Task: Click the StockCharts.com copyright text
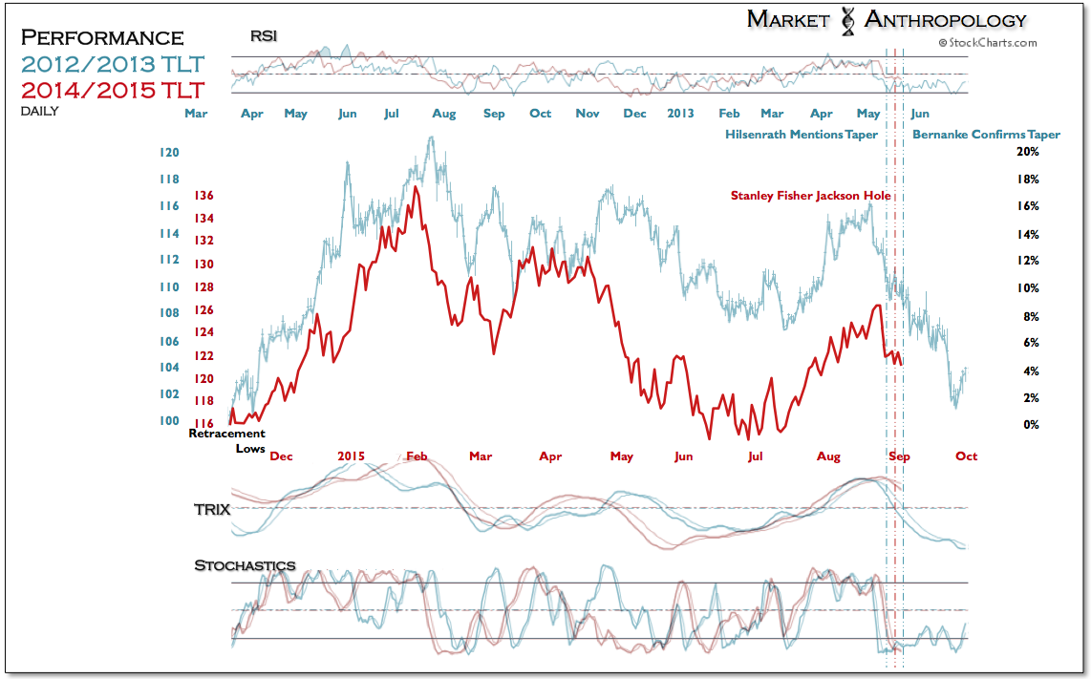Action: [988, 42]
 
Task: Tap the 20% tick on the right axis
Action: [1028, 152]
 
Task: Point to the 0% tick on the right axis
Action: [1032, 425]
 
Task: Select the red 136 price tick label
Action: [204, 196]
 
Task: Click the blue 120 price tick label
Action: [169, 153]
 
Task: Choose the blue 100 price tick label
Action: [169, 421]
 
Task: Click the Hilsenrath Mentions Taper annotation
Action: [802, 135]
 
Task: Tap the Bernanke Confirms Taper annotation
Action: [986, 135]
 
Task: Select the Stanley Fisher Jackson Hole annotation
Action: [810, 196]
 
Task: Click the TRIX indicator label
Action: [212, 509]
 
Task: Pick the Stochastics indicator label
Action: [245, 565]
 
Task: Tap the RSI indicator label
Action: [264, 36]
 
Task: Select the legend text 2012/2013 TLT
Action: [113, 64]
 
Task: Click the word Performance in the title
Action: [102, 37]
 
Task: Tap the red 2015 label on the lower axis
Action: [351, 456]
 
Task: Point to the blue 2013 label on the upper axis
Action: [680, 114]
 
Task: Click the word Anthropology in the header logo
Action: [945, 20]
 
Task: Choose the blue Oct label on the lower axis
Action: [966, 456]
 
